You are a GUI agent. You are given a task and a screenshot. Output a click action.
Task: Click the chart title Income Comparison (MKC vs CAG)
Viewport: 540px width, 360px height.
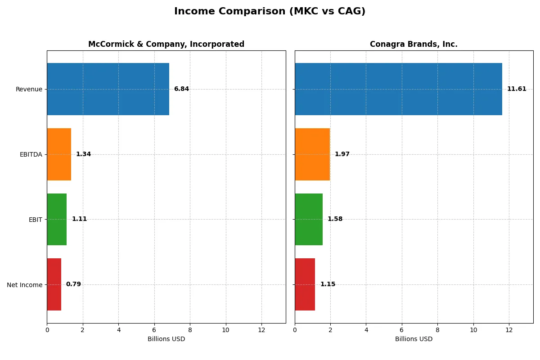270,12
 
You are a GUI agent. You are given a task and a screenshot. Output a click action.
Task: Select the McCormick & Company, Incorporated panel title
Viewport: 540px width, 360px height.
166,45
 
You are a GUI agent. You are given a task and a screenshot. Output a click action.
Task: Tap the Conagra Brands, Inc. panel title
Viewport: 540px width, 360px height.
414,45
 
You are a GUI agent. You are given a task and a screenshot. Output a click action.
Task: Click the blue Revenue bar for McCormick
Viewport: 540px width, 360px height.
108,89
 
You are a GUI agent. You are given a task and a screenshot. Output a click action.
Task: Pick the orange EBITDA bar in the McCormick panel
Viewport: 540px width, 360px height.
59,154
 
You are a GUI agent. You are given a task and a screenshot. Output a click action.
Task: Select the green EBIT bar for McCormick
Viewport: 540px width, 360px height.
57,220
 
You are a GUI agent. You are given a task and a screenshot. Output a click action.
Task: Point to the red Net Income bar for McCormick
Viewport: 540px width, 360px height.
54,284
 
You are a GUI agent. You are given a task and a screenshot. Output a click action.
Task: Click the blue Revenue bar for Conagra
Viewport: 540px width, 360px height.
398,89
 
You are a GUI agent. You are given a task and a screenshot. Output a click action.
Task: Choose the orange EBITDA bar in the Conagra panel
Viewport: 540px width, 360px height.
312,154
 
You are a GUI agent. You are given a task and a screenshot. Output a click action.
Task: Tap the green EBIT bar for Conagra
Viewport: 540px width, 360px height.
309,220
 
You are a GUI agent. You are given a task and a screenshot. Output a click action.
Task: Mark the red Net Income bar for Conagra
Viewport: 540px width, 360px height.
305,284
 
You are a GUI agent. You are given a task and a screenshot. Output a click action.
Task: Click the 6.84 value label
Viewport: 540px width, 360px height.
181,89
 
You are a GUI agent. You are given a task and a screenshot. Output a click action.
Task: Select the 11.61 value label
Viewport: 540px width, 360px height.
517,89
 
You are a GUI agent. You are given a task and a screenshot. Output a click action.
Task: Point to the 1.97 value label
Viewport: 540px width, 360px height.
342,154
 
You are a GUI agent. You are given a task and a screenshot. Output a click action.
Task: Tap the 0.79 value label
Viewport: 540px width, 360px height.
73,284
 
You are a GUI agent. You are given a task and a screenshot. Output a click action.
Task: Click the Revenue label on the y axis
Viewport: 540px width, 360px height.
29,90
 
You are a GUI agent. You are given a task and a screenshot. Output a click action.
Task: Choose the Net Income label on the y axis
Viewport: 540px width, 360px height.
24,285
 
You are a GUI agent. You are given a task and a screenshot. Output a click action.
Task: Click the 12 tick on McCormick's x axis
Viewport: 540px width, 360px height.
261,330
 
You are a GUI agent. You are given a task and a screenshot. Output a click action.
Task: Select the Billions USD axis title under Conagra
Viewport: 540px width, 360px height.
414,339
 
